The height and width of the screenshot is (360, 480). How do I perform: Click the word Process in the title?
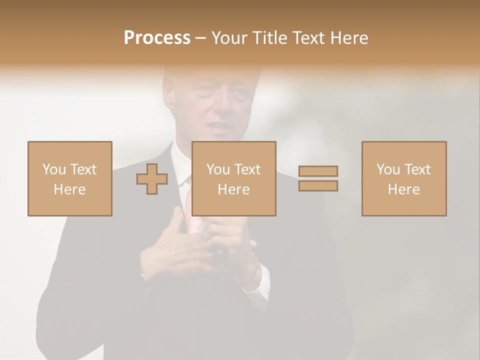click(x=157, y=38)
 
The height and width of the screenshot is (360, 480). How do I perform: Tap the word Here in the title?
click(x=348, y=38)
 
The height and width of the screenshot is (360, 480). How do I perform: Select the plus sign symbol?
click(x=152, y=179)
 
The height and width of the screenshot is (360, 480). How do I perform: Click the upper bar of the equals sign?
click(x=318, y=171)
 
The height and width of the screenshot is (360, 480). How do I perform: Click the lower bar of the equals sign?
click(x=318, y=186)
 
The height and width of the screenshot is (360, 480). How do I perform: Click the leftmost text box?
click(x=69, y=178)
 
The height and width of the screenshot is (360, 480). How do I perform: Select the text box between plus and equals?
click(x=233, y=178)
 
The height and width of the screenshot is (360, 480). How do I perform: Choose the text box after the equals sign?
click(x=403, y=178)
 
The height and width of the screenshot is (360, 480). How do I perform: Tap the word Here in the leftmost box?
click(x=69, y=189)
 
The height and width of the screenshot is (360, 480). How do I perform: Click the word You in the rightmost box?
click(x=388, y=169)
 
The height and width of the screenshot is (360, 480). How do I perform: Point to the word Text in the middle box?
click(x=248, y=169)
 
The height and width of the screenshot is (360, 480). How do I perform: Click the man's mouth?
click(x=218, y=127)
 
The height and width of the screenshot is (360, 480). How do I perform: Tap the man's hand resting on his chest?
click(x=172, y=240)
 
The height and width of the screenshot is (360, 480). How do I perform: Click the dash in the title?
click(x=200, y=38)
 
